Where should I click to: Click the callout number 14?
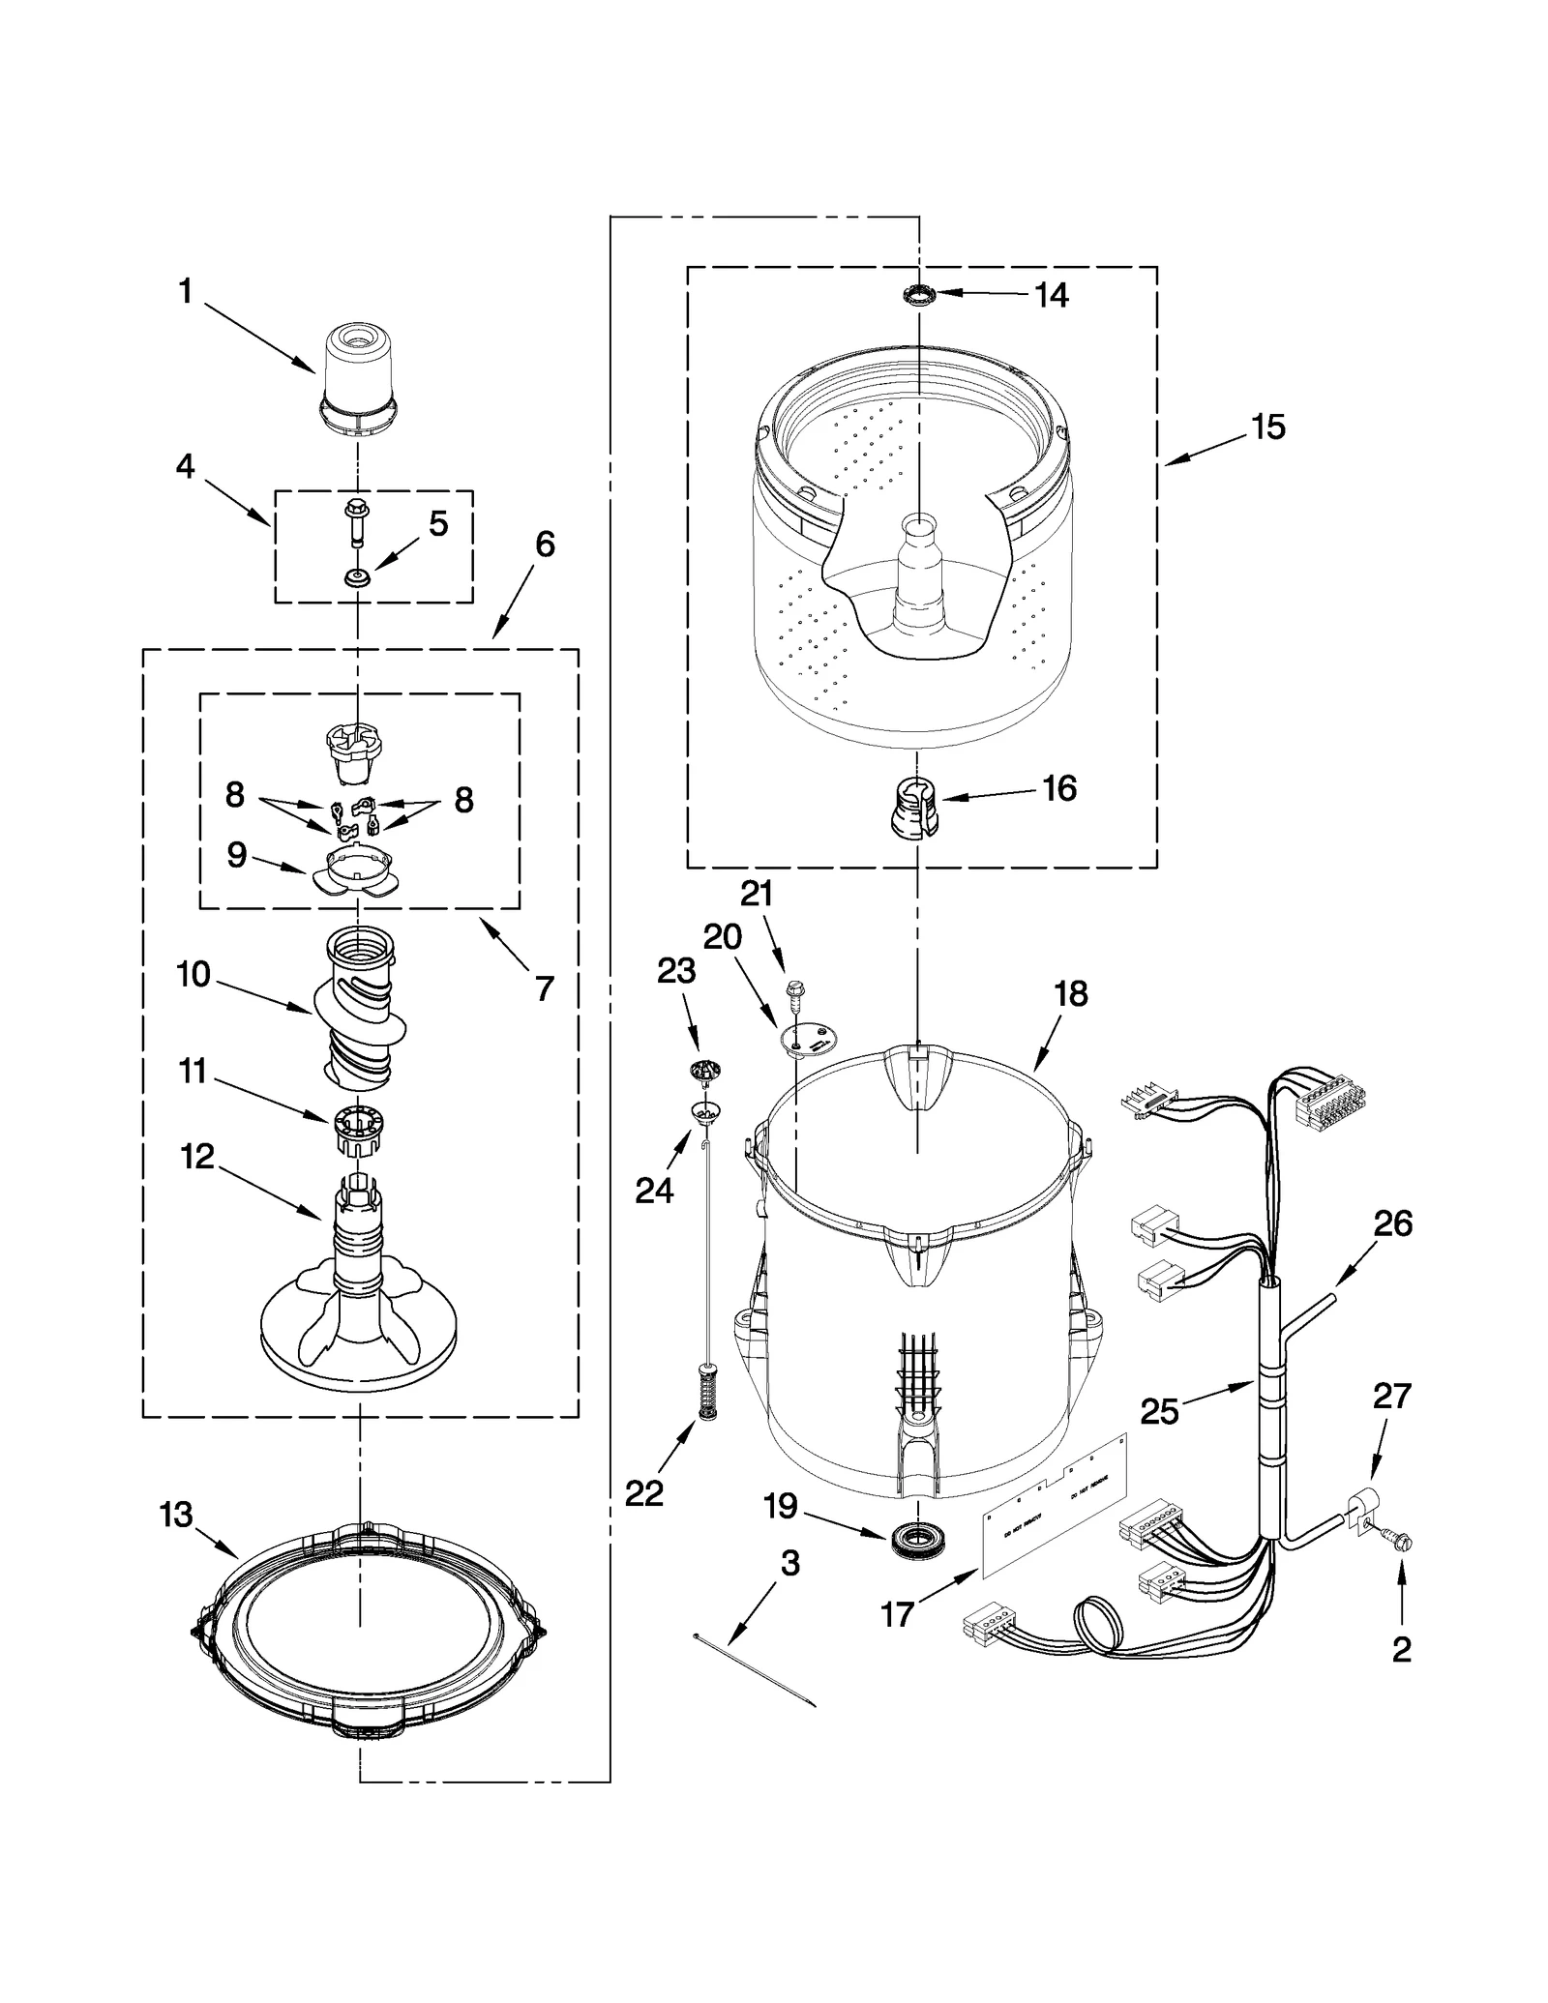click(1051, 295)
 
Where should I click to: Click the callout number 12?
click(197, 1157)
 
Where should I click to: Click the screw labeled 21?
click(795, 992)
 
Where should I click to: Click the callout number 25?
click(1159, 1412)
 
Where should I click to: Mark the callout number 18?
click(1071, 993)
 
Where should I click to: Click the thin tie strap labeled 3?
click(755, 1669)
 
